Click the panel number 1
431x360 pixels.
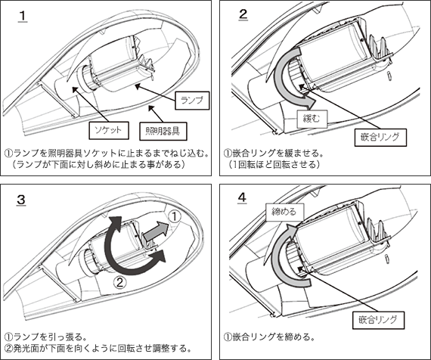pos(23,16)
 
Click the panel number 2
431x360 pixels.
pos(243,14)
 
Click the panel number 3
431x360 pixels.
pos(21,200)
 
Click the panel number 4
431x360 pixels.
pos(242,198)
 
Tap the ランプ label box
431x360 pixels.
pos(192,101)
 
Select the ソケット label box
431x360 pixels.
pos(109,130)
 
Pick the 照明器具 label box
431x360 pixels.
pos(163,131)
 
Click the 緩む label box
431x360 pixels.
pos(312,119)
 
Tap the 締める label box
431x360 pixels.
pos(285,212)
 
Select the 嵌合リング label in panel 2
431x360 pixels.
pos(380,137)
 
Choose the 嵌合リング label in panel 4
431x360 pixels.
pos(378,320)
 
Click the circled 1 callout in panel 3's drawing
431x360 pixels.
pos(174,216)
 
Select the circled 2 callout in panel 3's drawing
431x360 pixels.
pos(120,282)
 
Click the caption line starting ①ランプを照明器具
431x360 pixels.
pos(106,153)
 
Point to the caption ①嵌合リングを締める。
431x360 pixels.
pos(269,337)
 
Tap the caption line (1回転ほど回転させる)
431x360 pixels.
pos(274,164)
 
